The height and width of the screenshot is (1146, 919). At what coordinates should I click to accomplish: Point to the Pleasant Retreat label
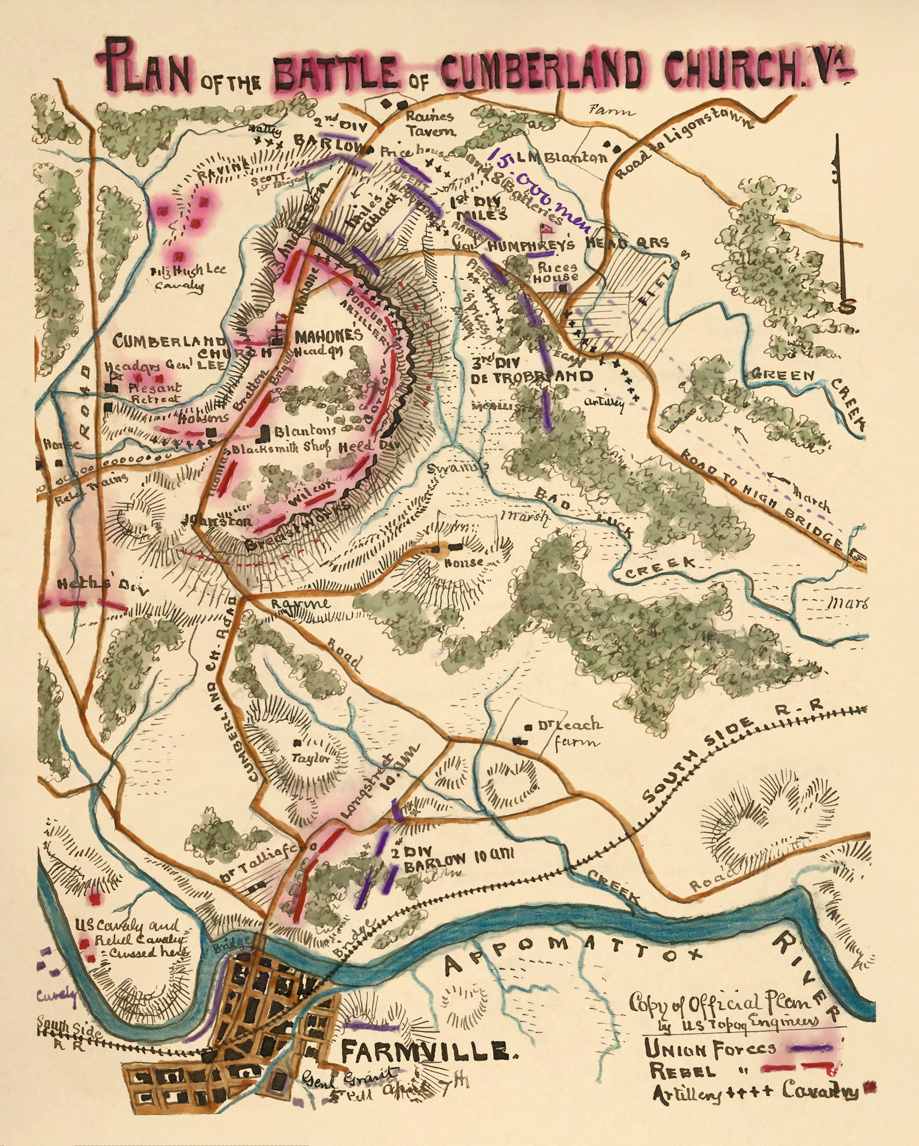pos(154,393)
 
